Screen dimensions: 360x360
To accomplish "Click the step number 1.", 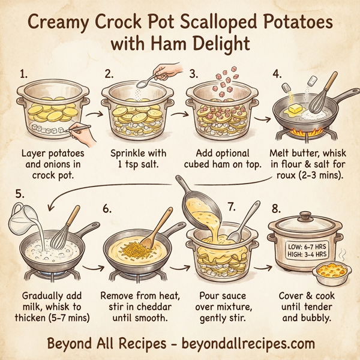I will tap(24, 75).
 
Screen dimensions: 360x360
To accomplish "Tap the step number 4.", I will tap(277, 75).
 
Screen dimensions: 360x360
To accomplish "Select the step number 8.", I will tap(277, 209).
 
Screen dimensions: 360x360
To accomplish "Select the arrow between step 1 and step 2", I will tap(92, 112).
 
